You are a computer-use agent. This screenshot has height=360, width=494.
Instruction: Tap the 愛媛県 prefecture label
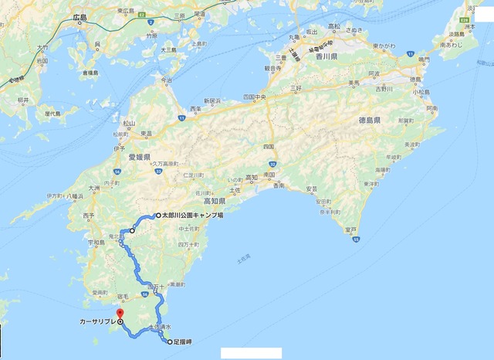pos(139,156)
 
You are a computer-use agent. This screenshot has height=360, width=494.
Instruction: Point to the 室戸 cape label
pos(350,229)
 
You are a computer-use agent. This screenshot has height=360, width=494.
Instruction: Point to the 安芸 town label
pos(312,188)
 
